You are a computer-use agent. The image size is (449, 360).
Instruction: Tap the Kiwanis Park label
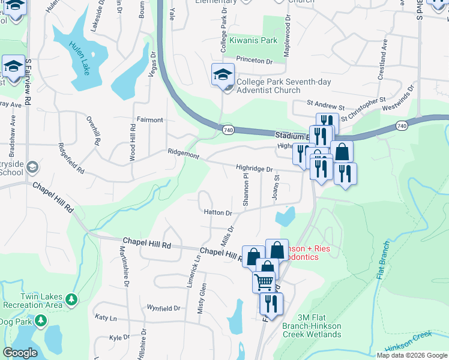pyautogui.click(x=254, y=41)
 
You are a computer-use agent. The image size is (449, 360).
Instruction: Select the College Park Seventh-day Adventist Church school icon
pyautogui.click(x=223, y=75)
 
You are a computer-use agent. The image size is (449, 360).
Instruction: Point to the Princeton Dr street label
pyautogui.click(x=254, y=61)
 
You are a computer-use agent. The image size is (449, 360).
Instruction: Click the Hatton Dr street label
pyautogui.click(x=217, y=212)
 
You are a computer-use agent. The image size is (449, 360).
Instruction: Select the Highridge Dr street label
pyautogui.click(x=254, y=170)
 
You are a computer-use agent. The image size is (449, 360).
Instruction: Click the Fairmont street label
pyautogui.click(x=149, y=120)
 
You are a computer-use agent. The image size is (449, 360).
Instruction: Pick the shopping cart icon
pyautogui.click(x=264, y=281)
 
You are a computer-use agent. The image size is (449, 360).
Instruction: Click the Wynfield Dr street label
pyautogui.click(x=164, y=308)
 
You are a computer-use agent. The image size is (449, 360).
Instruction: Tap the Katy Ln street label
pyautogui.click(x=105, y=317)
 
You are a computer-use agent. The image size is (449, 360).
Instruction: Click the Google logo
pyautogui.click(x=20, y=353)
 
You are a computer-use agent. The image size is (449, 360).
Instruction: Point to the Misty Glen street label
pyautogui.click(x=203, y=298)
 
